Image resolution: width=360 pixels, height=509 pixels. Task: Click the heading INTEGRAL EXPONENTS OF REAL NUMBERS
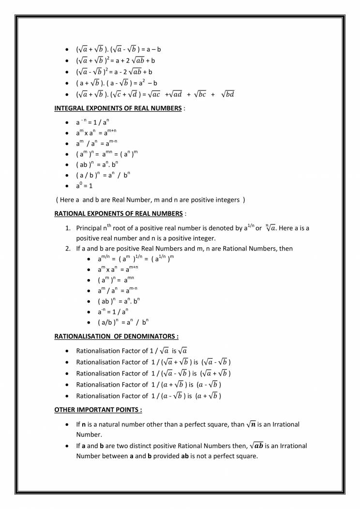pyautogui.click(x=118, y=108)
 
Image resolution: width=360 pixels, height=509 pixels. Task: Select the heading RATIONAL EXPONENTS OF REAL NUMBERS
pyautogui.click(x=118, y=213)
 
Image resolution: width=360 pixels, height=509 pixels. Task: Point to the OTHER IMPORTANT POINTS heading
pyautogui.click(x=98, y=409)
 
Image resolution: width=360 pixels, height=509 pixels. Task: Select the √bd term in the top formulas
pyautogui.click(x=227, y=94)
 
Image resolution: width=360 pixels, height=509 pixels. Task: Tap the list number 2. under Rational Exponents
pyautogui.click(x=68, y=248)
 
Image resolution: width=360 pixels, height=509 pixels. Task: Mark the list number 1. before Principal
pyautogui.click(x=68, y=228)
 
